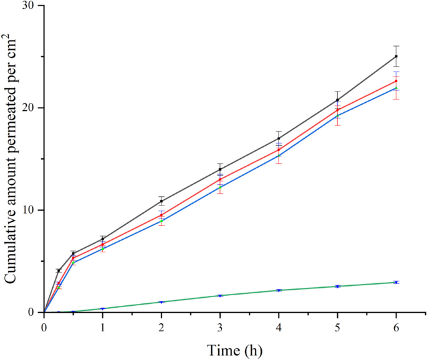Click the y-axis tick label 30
click(29, 6)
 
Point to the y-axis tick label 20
click(29, 108)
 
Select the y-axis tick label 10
click(29, 210)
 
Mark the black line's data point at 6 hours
click(396, 56)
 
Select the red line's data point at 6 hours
click(396, 81)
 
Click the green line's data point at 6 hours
click(396, 282)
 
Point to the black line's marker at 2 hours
click(161, 201)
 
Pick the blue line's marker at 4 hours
click(279, 156)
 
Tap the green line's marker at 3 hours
click(220, 295)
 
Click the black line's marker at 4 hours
click(279, 138)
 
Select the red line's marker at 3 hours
click(220, 179)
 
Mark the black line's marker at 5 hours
click(338, 100)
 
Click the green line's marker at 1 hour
click(103, 308)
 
